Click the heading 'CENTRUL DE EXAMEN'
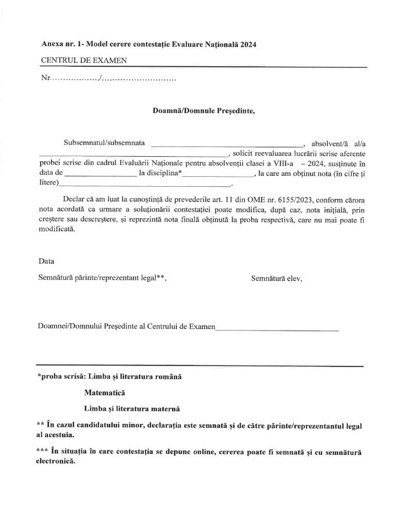pyautogui.click(x=84, y=61)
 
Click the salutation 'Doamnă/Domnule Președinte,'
pyautogui.click(x=204, y=110)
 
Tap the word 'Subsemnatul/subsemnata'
pyautogui.click(x=104, y=142)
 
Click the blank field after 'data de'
pyautogui.click(x=101, y=175)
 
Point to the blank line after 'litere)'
pyautogui.click(x=145, y=185)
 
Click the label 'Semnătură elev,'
pyautogui.click(x=276, y=278)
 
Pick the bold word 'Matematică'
pyautogui.click(x=105, y=393)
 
